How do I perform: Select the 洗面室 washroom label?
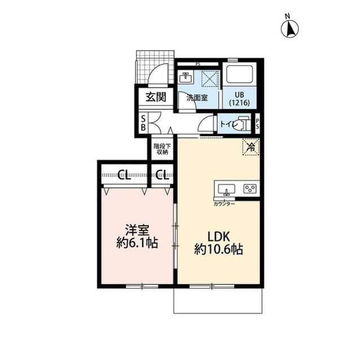pyautogui.click(x=197, y=97)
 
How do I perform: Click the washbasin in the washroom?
pyautogui.click(x=186, y=77)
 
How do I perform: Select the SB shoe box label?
pyautogui.click(x=143, y=123)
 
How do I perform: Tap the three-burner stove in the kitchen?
pyautogui.click(x=250, y=189)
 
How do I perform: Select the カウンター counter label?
pyautogui.click(x=224, y=203)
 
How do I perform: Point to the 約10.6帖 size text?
pyautogui.click(x=218, y=249)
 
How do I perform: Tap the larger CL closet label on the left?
pyautogui.click(x=124, y=174)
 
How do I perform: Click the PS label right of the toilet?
pyautogui.click(x=258, y=124)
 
